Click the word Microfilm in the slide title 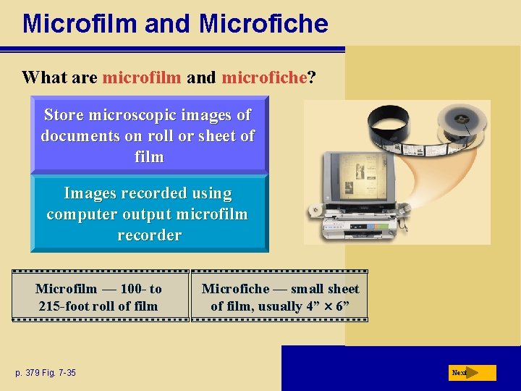[80, 23]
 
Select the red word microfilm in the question [142, 77]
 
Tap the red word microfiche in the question [265, 77]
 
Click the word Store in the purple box [64, 115]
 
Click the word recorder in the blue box [149, 235]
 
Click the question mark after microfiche [311, 77]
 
